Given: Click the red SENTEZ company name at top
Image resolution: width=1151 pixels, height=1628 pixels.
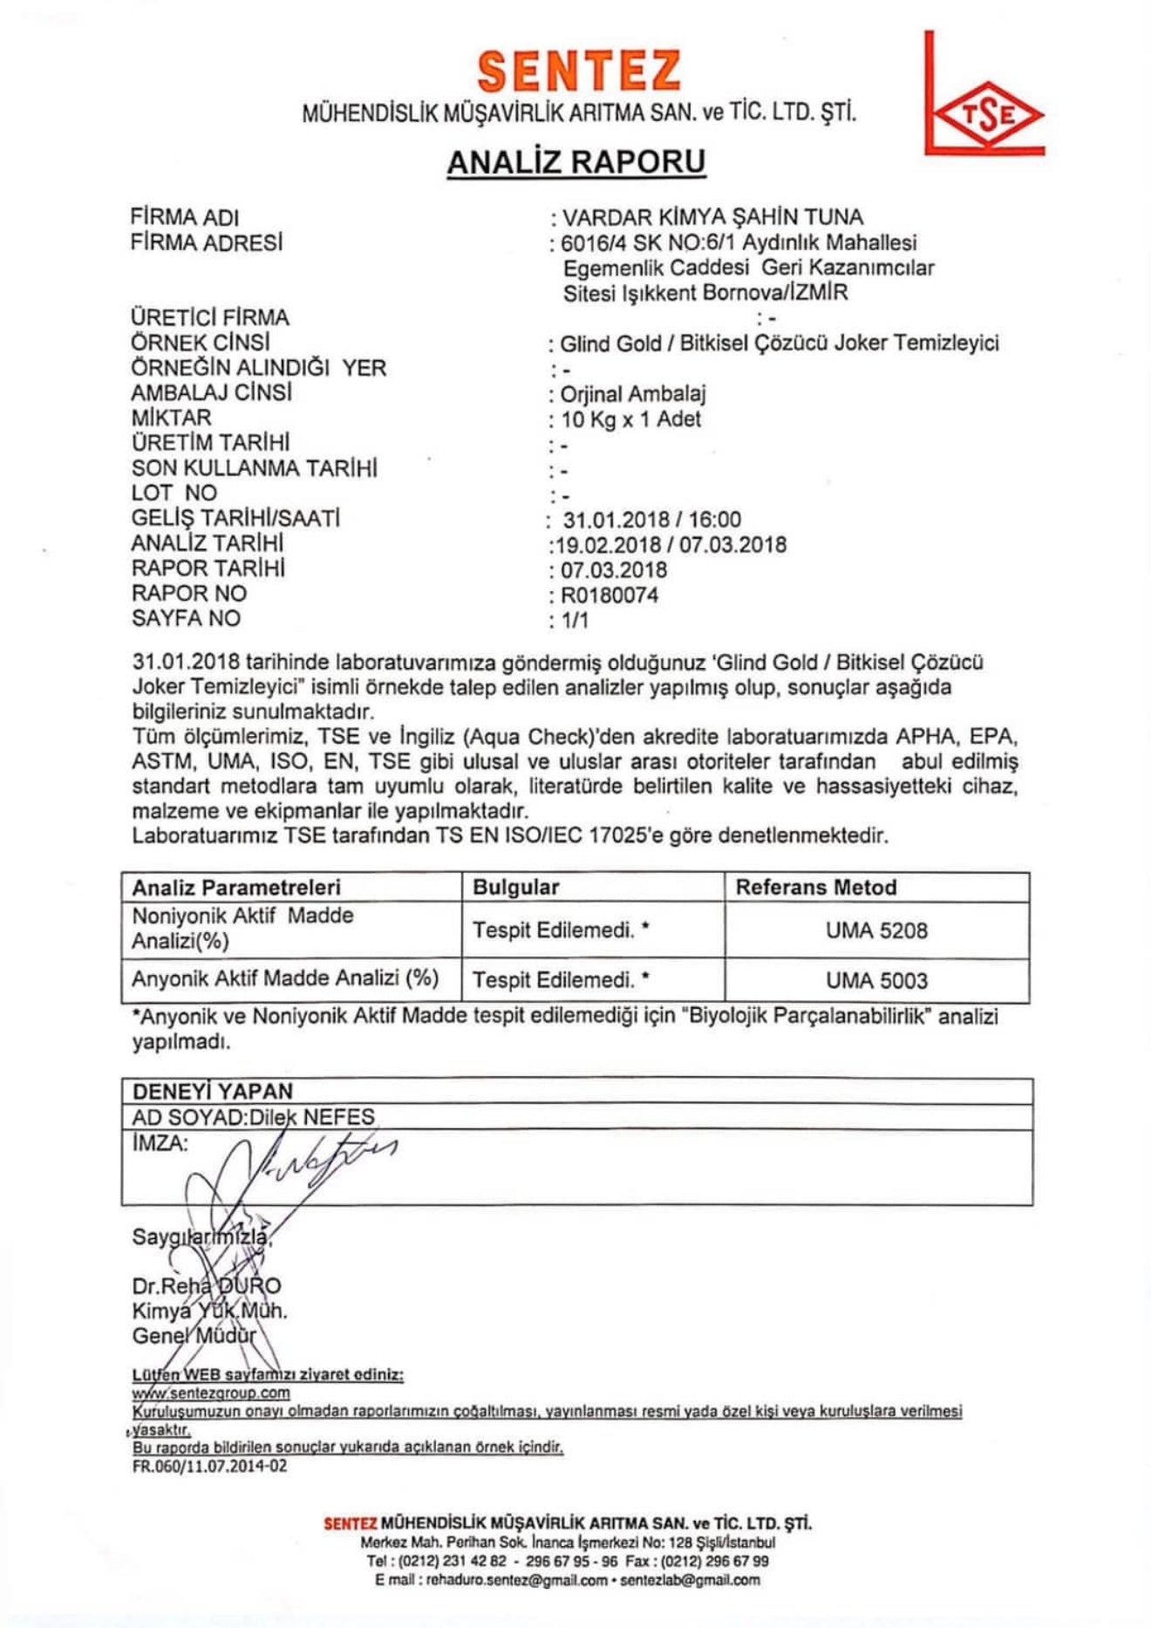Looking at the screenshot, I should pyautogui.click(x=579, y=71).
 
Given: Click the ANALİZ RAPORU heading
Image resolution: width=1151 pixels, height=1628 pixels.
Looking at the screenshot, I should pyautogui.click(x=576, y=162).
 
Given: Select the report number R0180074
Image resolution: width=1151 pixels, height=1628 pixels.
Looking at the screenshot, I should pyautogui.click(x=610, y=596).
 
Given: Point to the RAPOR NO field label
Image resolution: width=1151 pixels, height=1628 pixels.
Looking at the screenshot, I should pyautogui.click(x=189, y=594).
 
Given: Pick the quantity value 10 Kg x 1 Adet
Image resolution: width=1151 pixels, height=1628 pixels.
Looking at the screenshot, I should pyautogui.click(x=630, y=419).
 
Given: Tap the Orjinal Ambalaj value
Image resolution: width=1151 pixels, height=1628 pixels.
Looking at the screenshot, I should pyautogui.click(x=633, y=394).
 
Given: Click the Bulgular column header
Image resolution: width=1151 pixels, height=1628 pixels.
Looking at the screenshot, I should pyautogui.click(x=515, y=888).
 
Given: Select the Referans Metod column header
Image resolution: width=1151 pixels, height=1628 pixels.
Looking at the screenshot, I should pyautogui.click(x=816, y=888).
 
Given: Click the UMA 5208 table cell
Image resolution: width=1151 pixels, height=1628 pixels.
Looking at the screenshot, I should pyautogui.click(x=876, y=930).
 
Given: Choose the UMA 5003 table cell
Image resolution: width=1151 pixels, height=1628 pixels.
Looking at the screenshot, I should pyautogui.click(x=876, y=980).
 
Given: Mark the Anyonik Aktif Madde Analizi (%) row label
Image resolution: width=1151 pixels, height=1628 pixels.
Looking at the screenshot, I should pyautogui.click(x=285, y=978).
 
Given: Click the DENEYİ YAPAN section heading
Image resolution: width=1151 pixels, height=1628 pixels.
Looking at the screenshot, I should pyautogui.click(x=213, y=1091).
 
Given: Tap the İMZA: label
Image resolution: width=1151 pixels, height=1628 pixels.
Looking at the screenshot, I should pyautogui.click(x=160, y=1143).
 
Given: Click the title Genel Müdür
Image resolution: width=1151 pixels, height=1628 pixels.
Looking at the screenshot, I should pyautogui.click(x=194, y=1336).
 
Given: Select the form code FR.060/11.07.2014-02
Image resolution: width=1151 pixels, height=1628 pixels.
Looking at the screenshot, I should pyautogui.click(x=209, y=1467).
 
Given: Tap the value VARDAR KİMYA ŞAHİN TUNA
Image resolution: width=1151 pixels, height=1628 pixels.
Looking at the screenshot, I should pyautogui.click(x=712, y=217).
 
